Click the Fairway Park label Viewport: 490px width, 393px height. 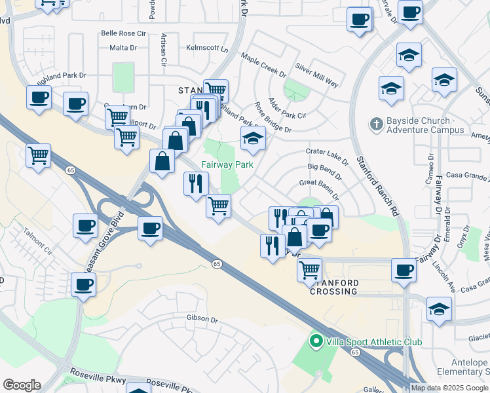click(227, 165)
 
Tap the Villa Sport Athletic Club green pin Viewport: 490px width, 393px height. click(315, 341)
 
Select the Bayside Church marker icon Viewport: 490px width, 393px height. click(376, 123)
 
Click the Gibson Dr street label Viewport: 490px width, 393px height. click(202, 319)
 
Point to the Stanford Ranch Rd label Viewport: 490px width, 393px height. click(377, 187)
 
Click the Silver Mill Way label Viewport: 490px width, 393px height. click(316, 75)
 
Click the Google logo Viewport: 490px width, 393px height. click(22, 385)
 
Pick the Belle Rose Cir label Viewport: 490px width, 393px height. click(122, 33)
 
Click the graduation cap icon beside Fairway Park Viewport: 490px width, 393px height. click(253, 138)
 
